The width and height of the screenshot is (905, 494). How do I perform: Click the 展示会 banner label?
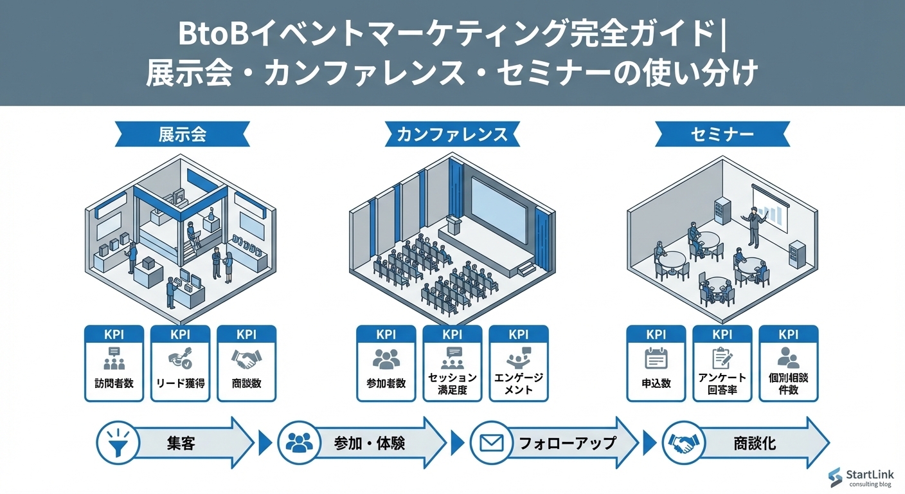[x=182, y=134]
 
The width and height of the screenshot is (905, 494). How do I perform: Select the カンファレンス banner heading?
[x=452, y=134]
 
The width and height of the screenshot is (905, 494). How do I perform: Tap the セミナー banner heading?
[x=722, y=134]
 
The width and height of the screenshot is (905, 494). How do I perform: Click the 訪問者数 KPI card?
[x=114, y=364]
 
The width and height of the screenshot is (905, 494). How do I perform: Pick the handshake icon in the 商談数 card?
[x=246, y=359]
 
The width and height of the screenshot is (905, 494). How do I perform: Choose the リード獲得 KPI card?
[x=180, y=364]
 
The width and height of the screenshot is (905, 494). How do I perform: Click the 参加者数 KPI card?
[x=386, y=364]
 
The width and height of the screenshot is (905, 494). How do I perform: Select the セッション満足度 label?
[x=452, y=383]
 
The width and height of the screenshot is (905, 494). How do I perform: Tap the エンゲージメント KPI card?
[x=518, y=364]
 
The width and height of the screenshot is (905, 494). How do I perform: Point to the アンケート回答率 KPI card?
[x=722, y=364]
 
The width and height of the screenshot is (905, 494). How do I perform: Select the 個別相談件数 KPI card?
[x=788, y=364]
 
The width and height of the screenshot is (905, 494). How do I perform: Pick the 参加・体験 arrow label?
[x=370, y=443]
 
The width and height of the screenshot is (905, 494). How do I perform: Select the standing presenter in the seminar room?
[x=753, y=226]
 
